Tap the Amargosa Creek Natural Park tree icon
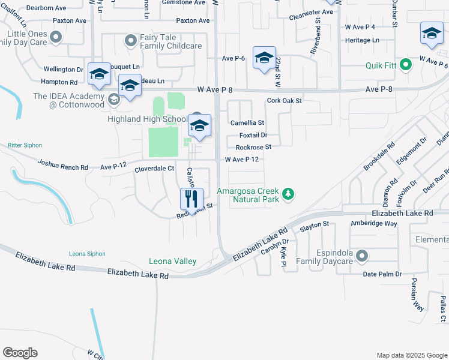pyautogui.click(x=289, y=194)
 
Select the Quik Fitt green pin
pyautogui.click(x=405, y=64)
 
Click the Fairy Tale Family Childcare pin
pyautogui.click(x=130, y=41)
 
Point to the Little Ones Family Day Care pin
pyautogui.click(x=56, y=38)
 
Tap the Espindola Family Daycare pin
pyautogui.click(x=361, y=257)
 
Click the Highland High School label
pyautogui.click(x=147, y=119)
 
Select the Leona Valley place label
pyautogui.click(x=173, y=261)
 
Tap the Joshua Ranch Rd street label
pyautogui.click(x=62, y=163)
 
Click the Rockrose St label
pyautogui.click(x=253, y=147)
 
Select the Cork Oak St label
pyautogui.click(x=284, y=101)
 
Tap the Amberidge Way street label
pyautogui.click(x=375, y=223)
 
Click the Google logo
pyautogui.click(x=20, y=353)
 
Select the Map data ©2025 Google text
pyautogui.click(x=411, y=355)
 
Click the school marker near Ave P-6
pyautogui.click(x=264, y=59)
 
